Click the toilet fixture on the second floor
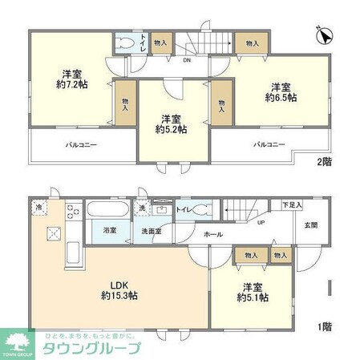(125, 42)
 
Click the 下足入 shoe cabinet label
(291, 206)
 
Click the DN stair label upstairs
(187, 59)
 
